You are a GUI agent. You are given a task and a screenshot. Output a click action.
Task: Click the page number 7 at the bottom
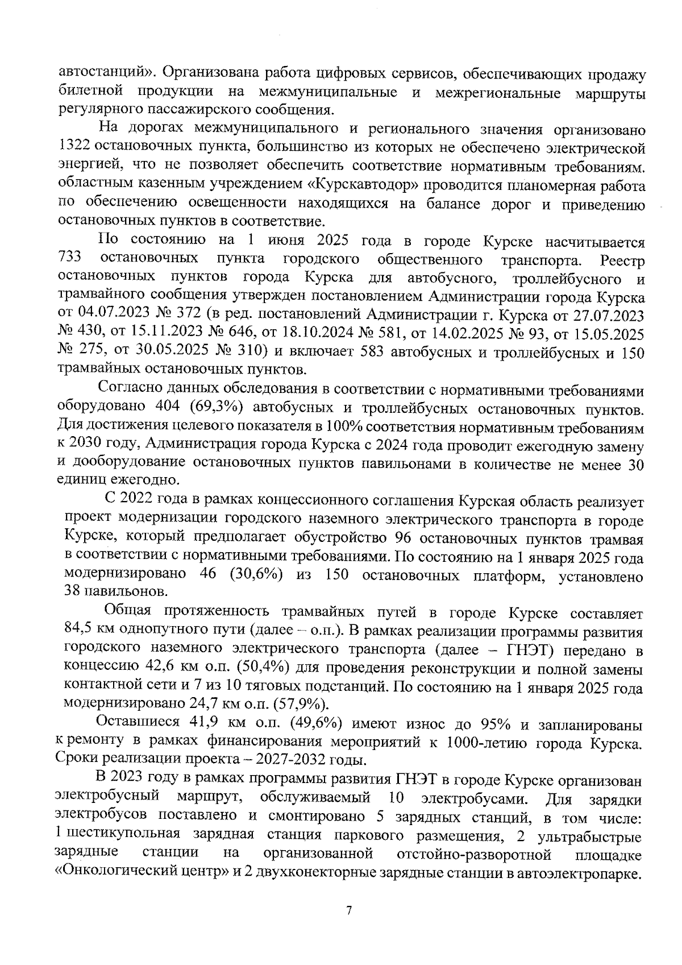point(349,910)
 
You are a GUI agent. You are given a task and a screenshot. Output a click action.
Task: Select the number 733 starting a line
point(70,259)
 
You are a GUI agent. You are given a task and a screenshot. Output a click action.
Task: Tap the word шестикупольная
point(120,836)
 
